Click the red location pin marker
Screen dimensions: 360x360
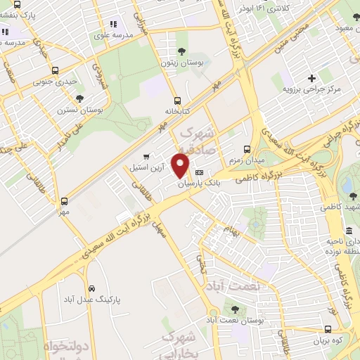click(181, 166)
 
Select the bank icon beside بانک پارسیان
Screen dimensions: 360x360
click(199, 172)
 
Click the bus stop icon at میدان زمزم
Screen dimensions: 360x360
click(247, 149)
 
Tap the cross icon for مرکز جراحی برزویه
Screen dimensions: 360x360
click(311, 77)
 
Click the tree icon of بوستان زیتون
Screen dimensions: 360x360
click(183, 51)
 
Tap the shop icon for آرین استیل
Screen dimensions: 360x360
click(146, 157)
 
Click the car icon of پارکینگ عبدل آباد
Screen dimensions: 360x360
click(92, 288)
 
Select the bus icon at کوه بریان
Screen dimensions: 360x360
click(328, 329)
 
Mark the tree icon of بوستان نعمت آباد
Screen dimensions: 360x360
click(235, 308)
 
